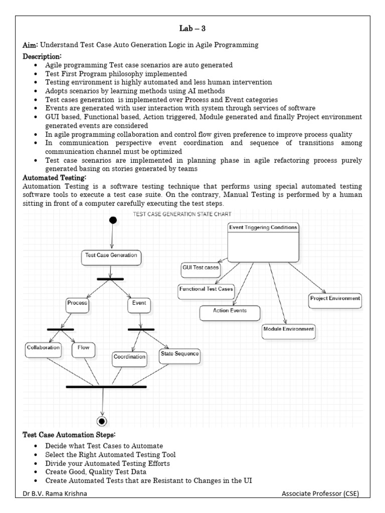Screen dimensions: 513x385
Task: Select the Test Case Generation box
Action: tap(111, 256)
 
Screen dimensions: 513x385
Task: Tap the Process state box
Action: tap(77, 304)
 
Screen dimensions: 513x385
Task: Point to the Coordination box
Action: tap(129, 358)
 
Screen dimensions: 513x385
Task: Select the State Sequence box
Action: tap(179, 354)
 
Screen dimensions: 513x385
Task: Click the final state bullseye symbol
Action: tap(102, 420)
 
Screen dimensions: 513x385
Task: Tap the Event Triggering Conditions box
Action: tap(263, 242)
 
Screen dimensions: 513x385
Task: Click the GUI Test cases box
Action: tap(201, 269)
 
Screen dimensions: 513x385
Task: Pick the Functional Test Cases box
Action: tap(206, 291)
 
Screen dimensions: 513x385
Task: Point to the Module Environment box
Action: tap(288, 330)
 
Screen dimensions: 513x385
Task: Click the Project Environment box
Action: tap(335, 300)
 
